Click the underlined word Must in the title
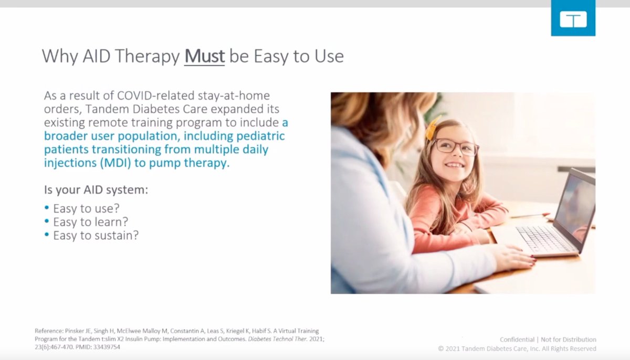coord(204,57)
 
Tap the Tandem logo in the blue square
coord(573,19)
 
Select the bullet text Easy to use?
coord(86,209)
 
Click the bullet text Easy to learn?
coord(90,222)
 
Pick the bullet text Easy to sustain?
coord(96,235)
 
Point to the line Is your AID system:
coord(96,190)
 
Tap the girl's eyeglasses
coord(455,146)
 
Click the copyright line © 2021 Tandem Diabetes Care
coord(517,348)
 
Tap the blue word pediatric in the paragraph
coord(258,136)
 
